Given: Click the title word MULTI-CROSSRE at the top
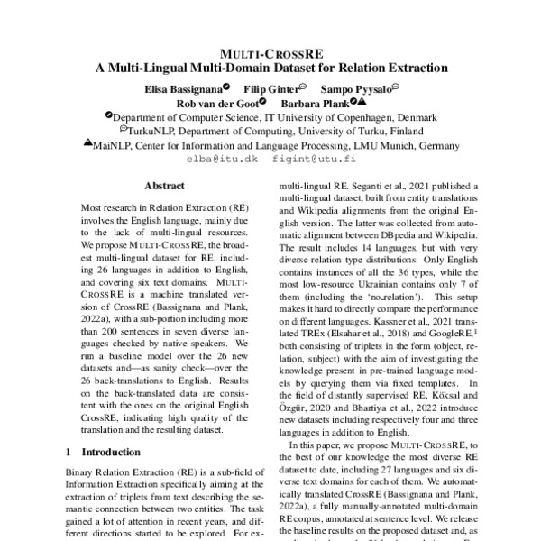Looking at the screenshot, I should pos(270,53).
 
